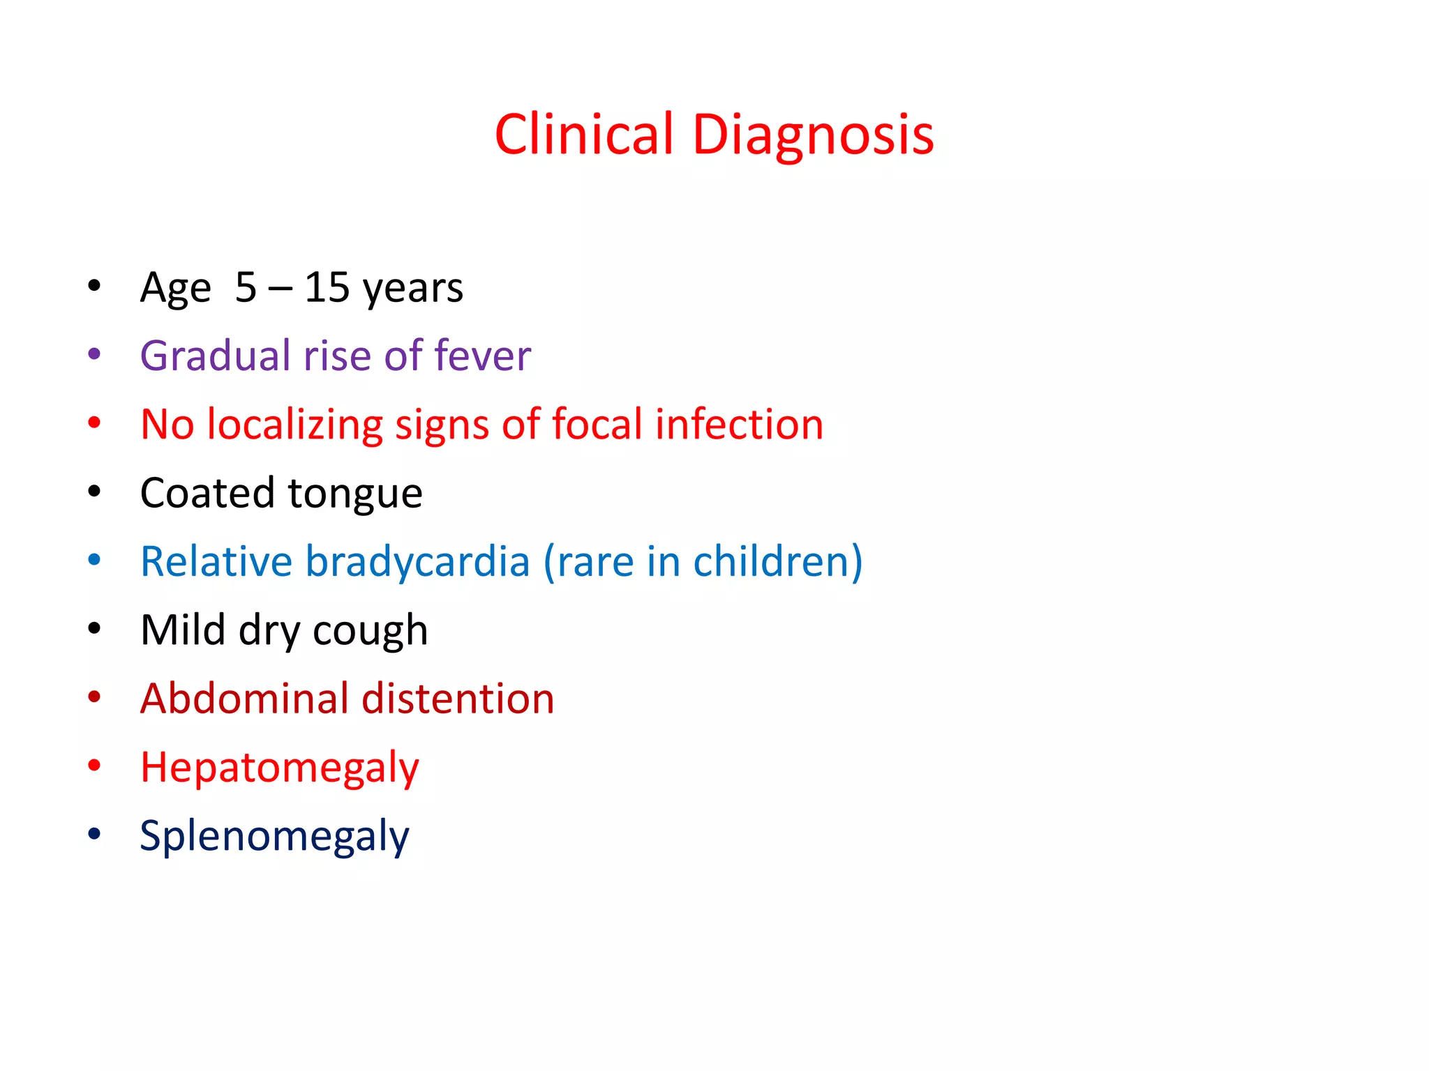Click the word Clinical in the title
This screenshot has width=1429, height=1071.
pyautogui.click(x=584, y=134)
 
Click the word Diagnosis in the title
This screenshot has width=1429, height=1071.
pyautogui.click(x=813, y=135)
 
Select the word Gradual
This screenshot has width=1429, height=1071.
pyautogui.click(x=216, y=356)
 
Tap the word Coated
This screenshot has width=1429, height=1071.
pyautogui.click(x=207, y=493)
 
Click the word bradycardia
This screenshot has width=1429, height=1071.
pyautogui.click(x=418, y=561)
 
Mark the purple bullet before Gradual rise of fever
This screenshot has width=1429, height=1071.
pyautogui.click(x=94, y=354)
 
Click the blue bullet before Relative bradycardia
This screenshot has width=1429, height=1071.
pyautogui.click(x=94, y=560)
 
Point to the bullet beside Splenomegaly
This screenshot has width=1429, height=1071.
pyautogui.click(x=94, y=834)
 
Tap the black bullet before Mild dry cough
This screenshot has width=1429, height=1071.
pyautogui.click(x=94, y=628)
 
